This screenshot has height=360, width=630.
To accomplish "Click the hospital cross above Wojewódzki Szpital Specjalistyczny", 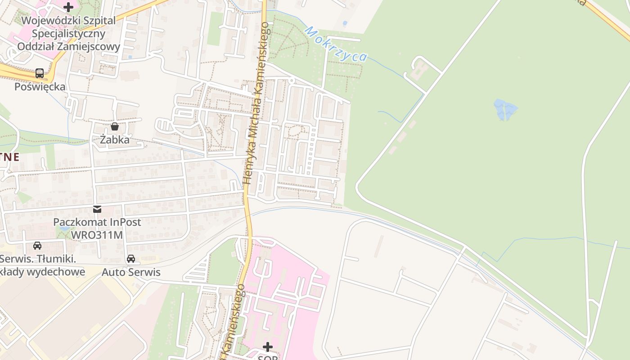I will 68,7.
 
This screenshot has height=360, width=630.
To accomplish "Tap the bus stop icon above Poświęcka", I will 40,73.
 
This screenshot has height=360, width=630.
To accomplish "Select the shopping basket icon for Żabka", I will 115,126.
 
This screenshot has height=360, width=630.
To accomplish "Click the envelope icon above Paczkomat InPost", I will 97,209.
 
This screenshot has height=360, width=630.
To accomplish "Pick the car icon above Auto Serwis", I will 131,259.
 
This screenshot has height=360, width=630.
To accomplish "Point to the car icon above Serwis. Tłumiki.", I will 37,246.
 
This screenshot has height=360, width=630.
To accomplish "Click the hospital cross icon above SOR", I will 268,346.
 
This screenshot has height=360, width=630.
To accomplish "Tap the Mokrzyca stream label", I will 336,44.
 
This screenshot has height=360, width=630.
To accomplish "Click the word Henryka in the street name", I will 248,168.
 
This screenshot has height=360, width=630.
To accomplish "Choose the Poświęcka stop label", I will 40,87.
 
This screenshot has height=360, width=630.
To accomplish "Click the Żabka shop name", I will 115,140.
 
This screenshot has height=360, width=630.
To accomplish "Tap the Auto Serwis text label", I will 131,272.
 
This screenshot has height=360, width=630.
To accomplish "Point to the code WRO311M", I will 97,235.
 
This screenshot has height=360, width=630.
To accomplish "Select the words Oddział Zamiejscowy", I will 68,47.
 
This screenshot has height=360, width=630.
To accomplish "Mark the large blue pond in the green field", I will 505,110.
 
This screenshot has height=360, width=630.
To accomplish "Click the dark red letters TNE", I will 9,157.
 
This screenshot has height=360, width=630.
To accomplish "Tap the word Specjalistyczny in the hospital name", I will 68,34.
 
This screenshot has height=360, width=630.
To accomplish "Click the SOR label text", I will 268,357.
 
